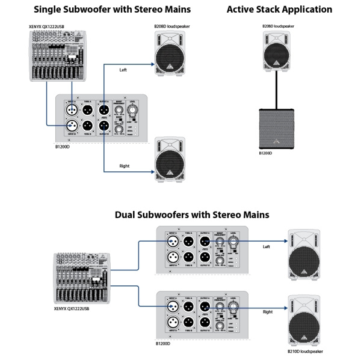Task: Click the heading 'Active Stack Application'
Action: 279,10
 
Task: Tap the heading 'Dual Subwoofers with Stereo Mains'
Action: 191,215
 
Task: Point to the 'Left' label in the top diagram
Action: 123,70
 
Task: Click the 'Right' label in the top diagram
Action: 125,165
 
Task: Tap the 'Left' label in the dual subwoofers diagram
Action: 267,246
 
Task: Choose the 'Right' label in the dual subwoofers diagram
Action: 268,312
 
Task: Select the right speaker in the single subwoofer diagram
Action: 173,159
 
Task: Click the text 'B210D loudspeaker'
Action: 305,351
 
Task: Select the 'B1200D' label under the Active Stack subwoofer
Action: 265,153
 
